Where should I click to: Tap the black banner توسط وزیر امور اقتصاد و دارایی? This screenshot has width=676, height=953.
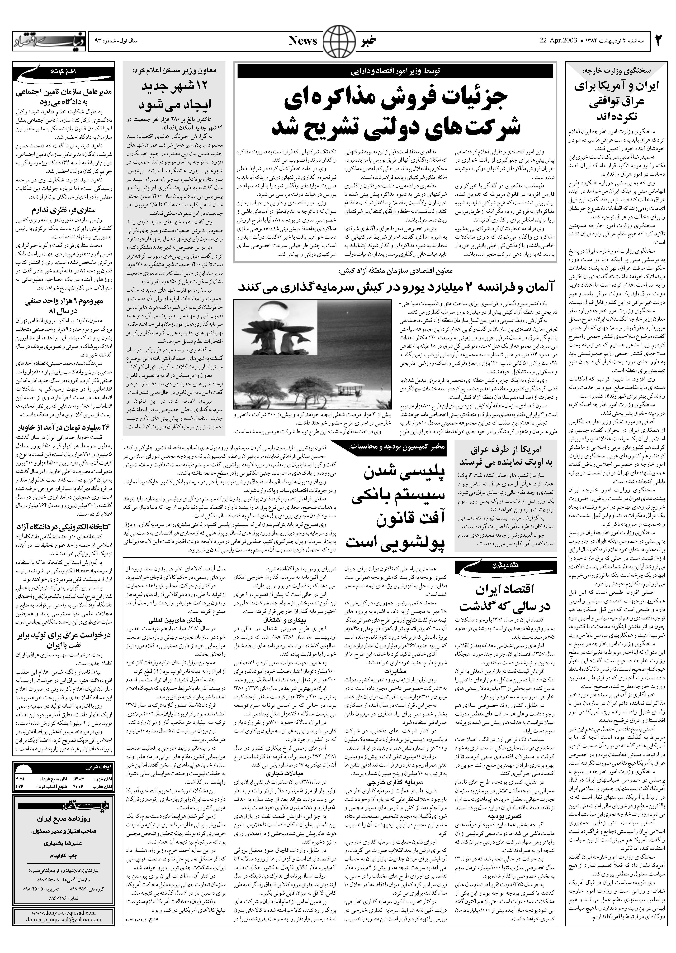click(x=395, y=72)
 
